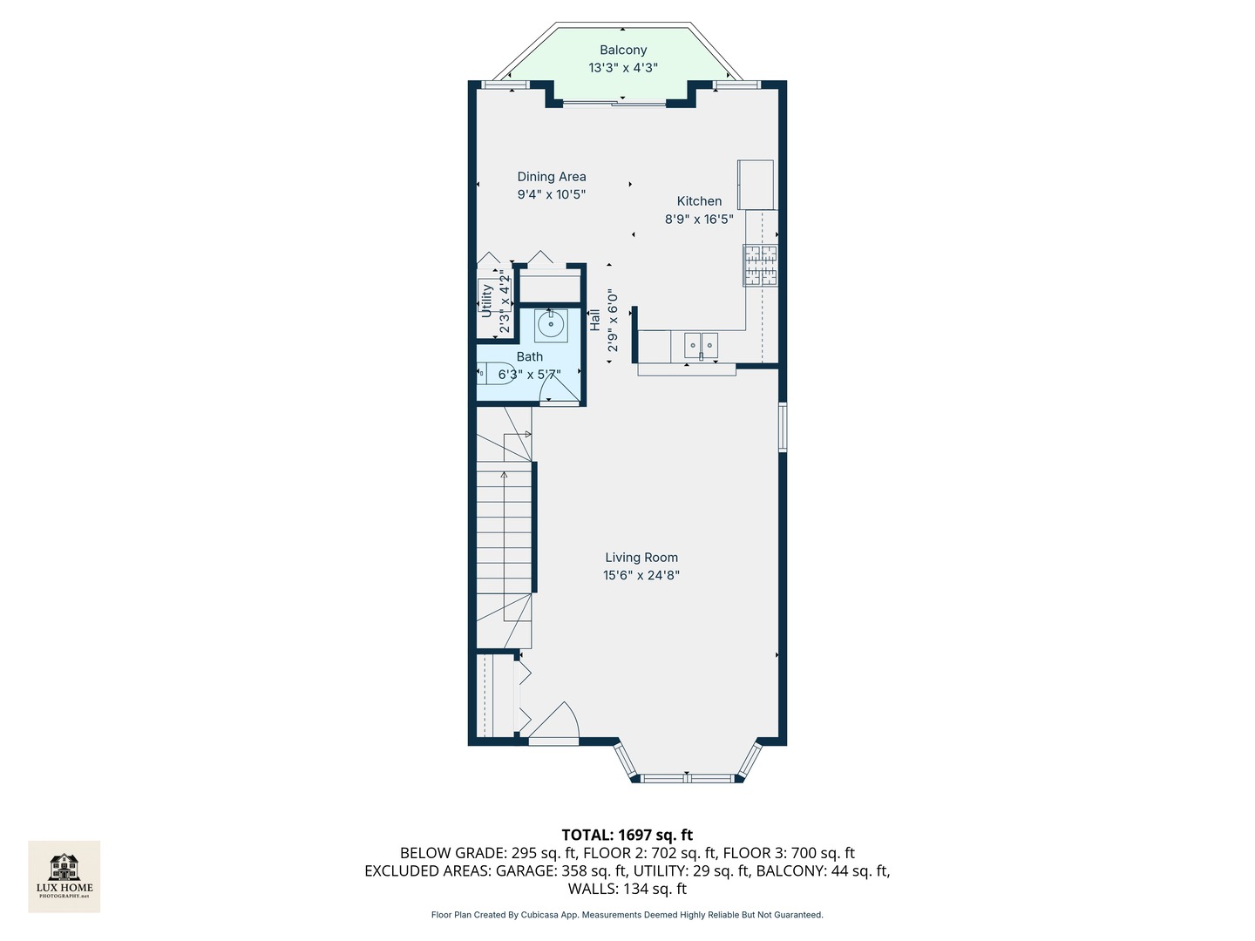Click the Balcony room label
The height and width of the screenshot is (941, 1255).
[x=623, y=50]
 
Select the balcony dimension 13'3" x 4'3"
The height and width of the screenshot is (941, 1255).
[x=623, y=68]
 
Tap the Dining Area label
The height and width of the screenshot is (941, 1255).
[x=552, y=177]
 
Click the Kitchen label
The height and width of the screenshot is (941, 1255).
[x=699, y=201]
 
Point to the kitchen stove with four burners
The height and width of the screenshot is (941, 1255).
[x=759, y=265]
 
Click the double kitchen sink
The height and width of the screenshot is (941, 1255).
[x=701, y=346]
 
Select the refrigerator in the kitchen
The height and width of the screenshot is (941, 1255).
[x=756, y=184]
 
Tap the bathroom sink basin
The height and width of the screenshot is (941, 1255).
[x=551, y=325]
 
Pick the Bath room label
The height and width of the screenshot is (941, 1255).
[x=530, y=356]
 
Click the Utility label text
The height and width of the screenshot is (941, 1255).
[x=487, y=300]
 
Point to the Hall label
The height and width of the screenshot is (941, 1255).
[x=594, y=319]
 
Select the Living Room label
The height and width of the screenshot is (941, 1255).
[x=641, y=558]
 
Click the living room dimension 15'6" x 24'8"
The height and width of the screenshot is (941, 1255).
[x=641, y=575]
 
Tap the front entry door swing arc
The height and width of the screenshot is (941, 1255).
[x=558, y=722]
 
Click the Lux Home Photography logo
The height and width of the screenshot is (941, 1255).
[x=64, y=876]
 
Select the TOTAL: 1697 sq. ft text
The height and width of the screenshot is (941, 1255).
[x=627, y=835]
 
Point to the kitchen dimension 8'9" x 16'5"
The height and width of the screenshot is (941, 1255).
[x=699, y=220]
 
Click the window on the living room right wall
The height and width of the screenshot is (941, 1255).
[x=783, y=426]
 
